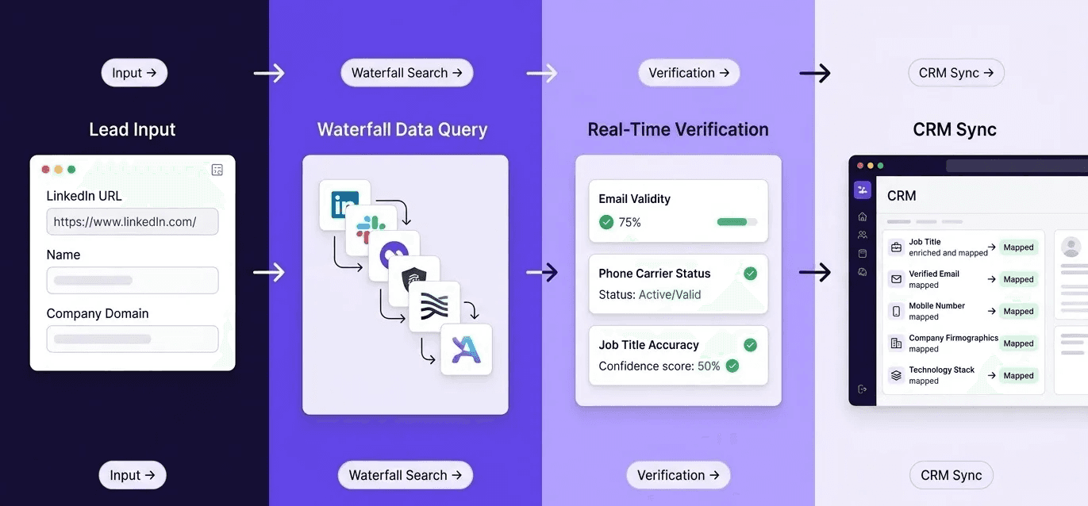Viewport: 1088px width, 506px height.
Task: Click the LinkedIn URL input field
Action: coord(132,222)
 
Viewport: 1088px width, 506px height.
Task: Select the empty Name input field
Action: coord(132,280)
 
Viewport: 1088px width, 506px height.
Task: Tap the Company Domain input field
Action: coord(132,339)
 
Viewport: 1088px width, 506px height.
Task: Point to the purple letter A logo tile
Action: coord(466,350)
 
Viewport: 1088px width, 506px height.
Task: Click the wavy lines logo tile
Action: coord(434,305)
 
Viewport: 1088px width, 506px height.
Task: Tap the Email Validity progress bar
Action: coord(736,222)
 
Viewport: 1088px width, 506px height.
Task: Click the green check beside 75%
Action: coord(606,222)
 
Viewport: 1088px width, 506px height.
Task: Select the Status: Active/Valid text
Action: coord(650,294)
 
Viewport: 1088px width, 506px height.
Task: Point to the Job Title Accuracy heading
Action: coord(648,345)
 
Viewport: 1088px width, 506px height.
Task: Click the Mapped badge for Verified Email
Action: coord(1018,279)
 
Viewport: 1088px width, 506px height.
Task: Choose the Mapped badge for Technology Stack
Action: coord(1018,375)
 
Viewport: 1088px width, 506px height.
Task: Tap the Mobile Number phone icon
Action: coord(896,311)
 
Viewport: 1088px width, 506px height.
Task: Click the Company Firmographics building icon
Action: coord(896,343)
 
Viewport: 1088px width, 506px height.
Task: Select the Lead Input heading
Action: coord(133,129)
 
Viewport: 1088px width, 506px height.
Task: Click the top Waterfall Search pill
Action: coord(406,73)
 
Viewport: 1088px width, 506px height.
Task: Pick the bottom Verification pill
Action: coord(678,475)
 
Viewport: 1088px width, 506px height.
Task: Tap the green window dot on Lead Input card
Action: coord(71,169)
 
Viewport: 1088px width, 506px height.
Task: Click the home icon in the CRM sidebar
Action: coord(862,217)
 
